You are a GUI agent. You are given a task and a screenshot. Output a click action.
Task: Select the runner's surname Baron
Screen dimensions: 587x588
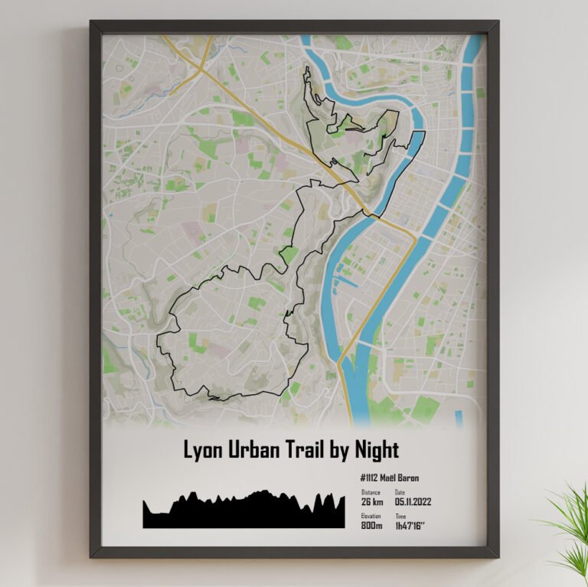(409, 478)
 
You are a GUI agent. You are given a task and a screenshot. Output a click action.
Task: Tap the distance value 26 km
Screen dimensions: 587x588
(373, 502)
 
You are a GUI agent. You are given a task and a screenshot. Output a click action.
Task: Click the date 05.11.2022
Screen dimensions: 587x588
(413, 502)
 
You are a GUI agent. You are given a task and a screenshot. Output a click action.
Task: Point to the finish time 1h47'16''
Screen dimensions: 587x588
(411, 526)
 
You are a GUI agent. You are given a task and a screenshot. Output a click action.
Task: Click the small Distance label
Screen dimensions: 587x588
(371, 492)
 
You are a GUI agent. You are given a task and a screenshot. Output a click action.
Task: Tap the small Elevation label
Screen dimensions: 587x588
(371, 517)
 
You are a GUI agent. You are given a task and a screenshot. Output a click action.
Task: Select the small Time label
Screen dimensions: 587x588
(400, 517)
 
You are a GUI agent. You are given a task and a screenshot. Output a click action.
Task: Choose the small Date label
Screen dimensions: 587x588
(400, 492)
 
